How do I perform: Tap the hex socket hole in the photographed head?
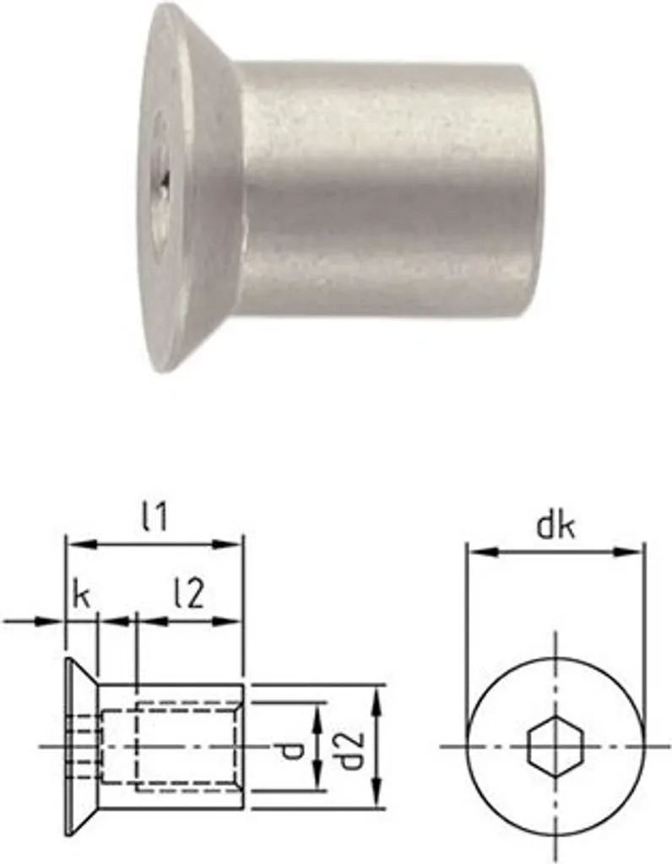(x=163, y=179)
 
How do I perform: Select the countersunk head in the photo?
(x=190, y=186)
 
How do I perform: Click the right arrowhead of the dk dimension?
(x=635, y=553)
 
